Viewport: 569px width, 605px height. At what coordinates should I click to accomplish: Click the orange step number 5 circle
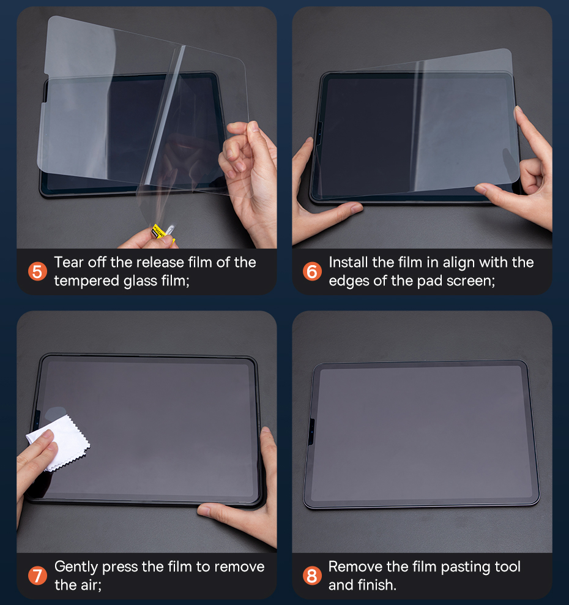[x=37, y=272]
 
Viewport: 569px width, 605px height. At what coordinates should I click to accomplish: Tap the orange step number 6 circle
[x=312, y=271]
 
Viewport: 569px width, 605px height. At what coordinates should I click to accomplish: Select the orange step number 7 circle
[x=37, y=576]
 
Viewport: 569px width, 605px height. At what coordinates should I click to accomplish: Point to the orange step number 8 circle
[x=312, y=576]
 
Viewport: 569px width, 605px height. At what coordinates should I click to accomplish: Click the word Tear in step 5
[x=69, y=262]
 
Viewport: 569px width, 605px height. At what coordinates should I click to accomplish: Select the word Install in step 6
[x=348, y=262]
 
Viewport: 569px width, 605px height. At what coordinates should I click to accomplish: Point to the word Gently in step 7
[x=76, y=567]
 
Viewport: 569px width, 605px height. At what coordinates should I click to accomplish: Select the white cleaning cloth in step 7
[x=59, y=442]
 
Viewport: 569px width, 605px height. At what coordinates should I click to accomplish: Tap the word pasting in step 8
[x=466, y=568]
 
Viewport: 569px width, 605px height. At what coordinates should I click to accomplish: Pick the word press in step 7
[x=120, y=568]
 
